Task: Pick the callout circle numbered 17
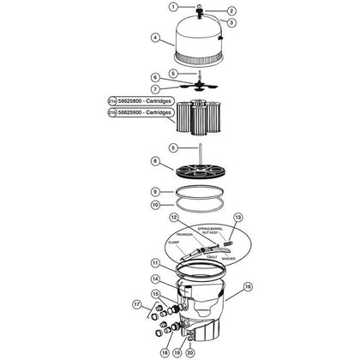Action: click(x=135, y=303)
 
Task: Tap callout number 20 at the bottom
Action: click(x=190, y=352)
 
